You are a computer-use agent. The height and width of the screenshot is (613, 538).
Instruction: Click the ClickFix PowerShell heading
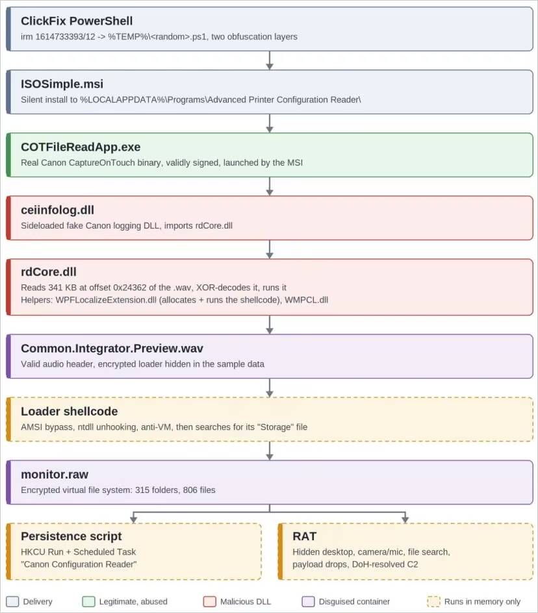pos(77,21)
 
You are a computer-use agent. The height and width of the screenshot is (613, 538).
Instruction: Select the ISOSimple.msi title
pos(62,84)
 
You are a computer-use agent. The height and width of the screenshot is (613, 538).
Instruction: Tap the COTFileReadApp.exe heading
pos(81,147)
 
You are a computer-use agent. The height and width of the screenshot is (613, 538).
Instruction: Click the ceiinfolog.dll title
pos(58,210)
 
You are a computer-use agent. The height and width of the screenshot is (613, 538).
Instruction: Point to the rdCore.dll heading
pos(49,271)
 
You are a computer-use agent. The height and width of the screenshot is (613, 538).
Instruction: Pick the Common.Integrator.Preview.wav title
pos(112,348)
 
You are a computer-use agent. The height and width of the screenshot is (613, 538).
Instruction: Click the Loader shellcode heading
pos(70,411)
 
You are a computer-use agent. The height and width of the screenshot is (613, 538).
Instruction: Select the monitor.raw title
pos(55,474)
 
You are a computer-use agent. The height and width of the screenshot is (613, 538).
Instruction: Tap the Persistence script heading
pos(71,536)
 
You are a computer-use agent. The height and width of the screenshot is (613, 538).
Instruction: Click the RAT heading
pos(304,536)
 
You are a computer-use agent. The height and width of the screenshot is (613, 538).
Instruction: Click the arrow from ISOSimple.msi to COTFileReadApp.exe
pos(270,123)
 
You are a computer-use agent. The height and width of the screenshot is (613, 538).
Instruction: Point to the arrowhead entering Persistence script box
pos(134,519)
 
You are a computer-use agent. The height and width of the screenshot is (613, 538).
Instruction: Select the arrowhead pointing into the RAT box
pos(405,519)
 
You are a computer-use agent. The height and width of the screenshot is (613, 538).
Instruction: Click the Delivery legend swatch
pos(12,601)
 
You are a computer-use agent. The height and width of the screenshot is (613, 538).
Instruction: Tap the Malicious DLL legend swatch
pos(210,601)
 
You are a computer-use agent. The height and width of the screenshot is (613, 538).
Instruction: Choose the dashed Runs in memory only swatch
pos(433,601)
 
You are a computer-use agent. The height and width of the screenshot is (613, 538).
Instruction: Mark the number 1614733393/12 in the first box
pos(66,37)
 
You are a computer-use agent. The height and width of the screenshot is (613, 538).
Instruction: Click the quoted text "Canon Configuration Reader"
pos(79,564)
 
